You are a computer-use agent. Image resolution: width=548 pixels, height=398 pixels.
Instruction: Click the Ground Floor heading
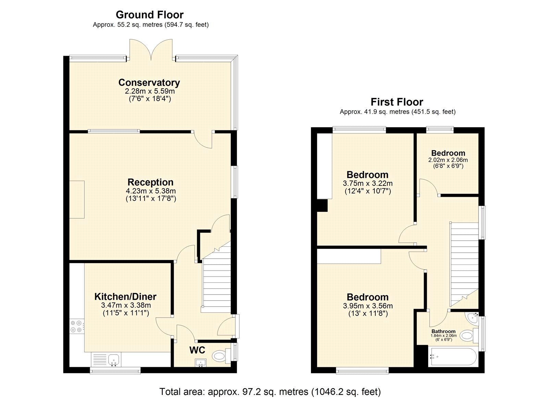[149, 15]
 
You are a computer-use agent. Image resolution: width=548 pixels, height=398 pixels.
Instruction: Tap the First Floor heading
[397, 102]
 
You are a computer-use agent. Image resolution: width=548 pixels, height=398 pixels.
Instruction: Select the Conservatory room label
[149, 82]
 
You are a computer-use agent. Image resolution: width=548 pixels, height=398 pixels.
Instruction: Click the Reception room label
[150, 182]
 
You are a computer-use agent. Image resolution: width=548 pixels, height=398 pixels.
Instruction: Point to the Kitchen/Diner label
[125, 296]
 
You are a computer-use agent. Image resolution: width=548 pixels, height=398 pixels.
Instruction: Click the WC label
[197, 350]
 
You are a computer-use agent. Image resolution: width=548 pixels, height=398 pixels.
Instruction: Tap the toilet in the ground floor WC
[221, 356]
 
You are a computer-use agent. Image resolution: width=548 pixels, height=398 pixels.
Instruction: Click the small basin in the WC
[201, 363]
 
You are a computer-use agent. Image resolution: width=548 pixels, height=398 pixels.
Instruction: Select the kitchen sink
[113, 360]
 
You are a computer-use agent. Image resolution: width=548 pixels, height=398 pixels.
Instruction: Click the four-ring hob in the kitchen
[76, 326]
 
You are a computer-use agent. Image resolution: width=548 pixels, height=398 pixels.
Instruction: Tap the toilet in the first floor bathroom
[469, 335]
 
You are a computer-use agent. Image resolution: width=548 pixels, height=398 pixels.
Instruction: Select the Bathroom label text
[443, 331]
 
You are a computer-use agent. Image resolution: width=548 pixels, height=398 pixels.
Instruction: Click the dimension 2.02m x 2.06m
[448, 160]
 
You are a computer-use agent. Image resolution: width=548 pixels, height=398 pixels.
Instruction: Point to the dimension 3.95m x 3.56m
[368, 306]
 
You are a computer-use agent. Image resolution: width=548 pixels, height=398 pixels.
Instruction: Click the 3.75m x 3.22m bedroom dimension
[368, 183]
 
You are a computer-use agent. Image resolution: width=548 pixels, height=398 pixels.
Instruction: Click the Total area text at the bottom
[270, 391]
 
